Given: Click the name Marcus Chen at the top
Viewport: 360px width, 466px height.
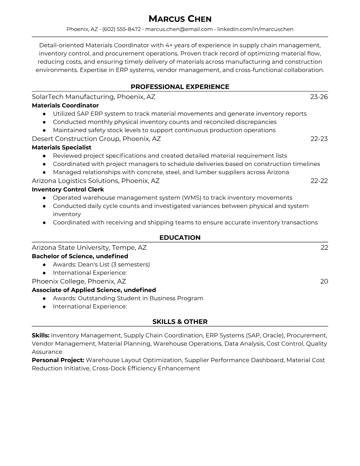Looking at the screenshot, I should [180, 19].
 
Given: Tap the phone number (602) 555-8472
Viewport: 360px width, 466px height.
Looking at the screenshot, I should [121, 29].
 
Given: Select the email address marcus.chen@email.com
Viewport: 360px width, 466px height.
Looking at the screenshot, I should [179, 29].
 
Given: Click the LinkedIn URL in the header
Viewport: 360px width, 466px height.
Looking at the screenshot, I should [255, 29].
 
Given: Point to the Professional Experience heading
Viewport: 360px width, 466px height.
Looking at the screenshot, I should [180, 87].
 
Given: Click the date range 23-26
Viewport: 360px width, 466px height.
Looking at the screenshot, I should [319, 97].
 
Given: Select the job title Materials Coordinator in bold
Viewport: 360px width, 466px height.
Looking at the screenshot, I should [65, 105].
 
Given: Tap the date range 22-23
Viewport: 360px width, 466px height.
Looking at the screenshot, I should [319, 139].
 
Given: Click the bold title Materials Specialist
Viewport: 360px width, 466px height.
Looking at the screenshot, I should [61, 147].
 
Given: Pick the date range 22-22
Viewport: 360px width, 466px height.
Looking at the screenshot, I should [319, 181].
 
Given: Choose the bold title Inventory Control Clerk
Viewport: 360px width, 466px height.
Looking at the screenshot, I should [68, 189].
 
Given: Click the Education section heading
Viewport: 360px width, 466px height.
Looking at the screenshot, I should [180, 238].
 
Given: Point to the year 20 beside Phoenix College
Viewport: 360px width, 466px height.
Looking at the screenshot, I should [324, 282].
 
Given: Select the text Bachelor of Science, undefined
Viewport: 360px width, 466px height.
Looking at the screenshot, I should [80, 256].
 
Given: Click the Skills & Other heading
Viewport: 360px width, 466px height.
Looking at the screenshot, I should [180, 322].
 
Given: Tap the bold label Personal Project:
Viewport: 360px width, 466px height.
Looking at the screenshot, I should [58, 360].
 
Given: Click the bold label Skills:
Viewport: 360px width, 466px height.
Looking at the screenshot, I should [41, 335].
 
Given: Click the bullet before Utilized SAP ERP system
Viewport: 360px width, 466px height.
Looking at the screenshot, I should [44, 114].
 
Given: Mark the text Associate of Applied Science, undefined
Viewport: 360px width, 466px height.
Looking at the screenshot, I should [94, 290].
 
